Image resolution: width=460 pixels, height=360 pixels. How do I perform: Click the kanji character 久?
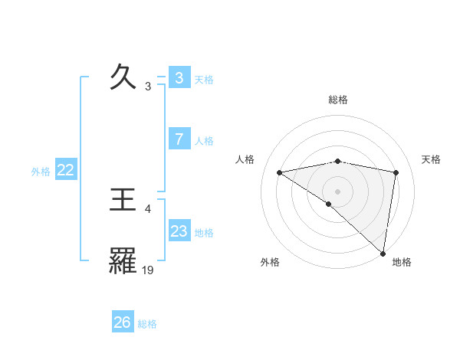tap(124, 77)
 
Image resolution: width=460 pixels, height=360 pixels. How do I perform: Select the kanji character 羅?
tap(124, 260)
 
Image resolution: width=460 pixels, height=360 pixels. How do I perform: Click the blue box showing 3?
tap(179, 77)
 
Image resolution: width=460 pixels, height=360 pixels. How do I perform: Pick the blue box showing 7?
tap(179, 139)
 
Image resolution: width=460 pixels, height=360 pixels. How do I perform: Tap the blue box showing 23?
tap(179, 231)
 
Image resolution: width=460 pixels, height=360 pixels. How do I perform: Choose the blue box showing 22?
tap(65, 170)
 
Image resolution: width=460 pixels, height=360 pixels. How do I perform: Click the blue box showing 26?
tap(122, 322)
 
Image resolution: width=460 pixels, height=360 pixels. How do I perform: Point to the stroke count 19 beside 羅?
tap(148, 270)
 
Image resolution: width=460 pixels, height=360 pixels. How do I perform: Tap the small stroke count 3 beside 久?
tap(148, 86)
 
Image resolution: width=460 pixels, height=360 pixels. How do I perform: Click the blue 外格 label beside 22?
tap(41, 172)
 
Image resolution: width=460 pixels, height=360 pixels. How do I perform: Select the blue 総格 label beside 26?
tap(147, 324)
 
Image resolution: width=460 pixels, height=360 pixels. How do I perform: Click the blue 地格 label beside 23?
tap(204, 232)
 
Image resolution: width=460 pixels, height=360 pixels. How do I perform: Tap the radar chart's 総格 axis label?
tap(337, 100)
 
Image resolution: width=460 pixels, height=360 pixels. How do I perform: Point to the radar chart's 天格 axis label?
tap(431, 159)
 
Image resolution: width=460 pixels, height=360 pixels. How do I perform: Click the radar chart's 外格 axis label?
tap(269, 262)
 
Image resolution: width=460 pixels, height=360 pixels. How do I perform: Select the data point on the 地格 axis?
tap(383, 253)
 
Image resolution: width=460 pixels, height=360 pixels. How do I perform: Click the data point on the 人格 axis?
tap(280, 172)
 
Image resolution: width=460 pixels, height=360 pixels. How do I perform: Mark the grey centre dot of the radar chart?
tap(337, 191)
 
